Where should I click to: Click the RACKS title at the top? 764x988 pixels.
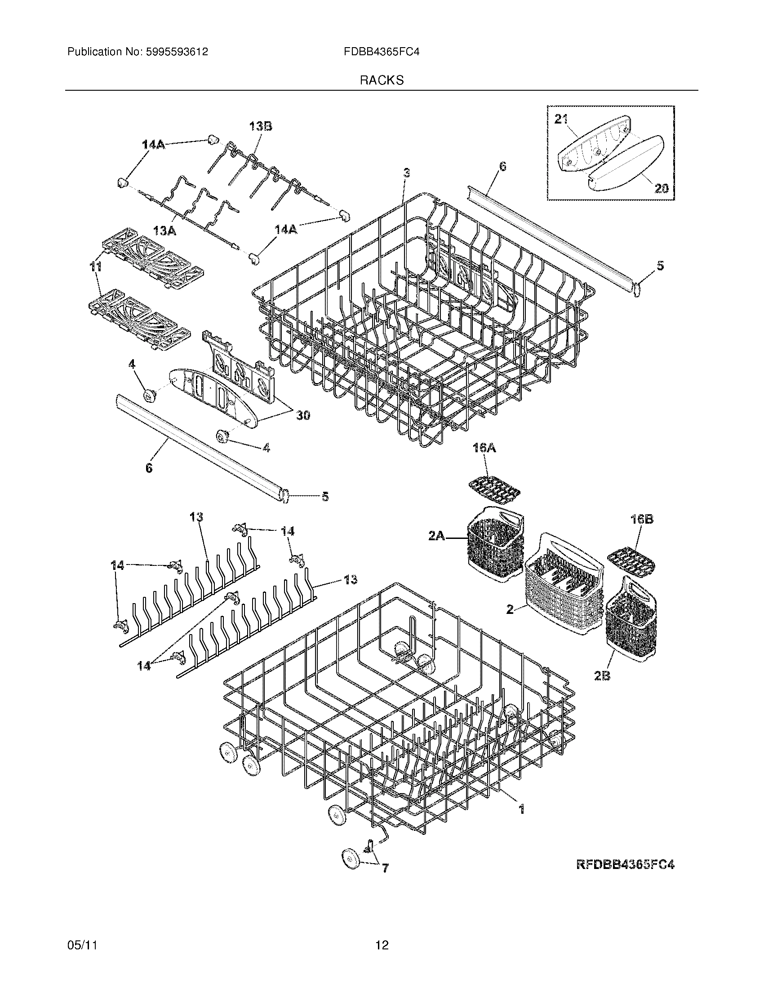click(382, 80)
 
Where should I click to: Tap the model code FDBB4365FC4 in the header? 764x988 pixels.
click(382, 52)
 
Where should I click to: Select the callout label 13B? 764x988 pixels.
click(261, 127)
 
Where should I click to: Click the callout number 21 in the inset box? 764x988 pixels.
click(561, 119)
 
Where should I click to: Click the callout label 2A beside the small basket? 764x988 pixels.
click(438, 537)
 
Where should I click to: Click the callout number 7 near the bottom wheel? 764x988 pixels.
click(385, 868)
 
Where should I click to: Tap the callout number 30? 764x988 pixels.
click(303, 415)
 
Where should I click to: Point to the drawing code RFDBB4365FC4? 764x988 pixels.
click(626, 864)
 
